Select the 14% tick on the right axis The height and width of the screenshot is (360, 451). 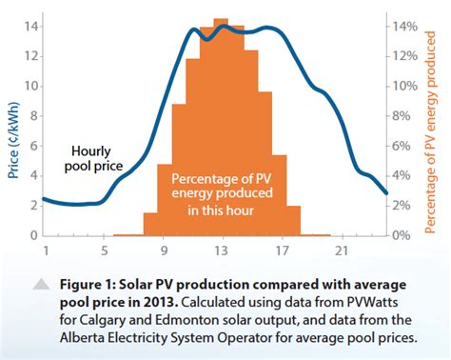(404, 26)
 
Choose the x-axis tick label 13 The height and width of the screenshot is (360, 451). (221, 250)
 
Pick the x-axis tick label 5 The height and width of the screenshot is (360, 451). (104, 250)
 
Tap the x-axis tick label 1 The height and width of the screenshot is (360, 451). (45, 250)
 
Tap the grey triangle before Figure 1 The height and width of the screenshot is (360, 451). (42, 284)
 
